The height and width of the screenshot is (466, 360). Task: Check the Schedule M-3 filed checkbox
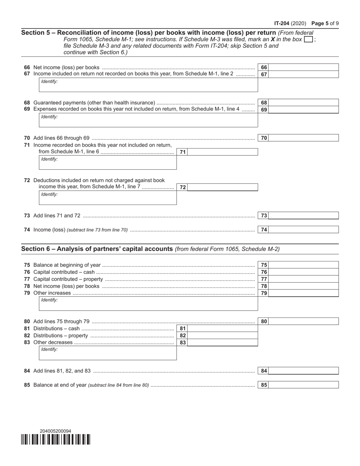pyautogui.click(x=309, y=39)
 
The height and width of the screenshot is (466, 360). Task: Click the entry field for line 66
pyautogui.click(x=303, y=67)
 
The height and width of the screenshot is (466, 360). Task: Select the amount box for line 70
pyautogui.click(x=303, y=138)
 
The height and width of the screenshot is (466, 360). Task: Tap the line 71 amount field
pyautogui.click(x=222, y=152)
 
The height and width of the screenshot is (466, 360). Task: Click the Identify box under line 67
pyautogui.click(x=149, y=85)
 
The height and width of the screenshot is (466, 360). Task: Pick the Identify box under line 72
pyautogui.click(x=108, y=198)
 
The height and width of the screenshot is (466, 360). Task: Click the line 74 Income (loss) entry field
pyautogui.click(x=303, y=230)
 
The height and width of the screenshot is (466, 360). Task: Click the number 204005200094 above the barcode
pyautogui.click(x=55, y=431)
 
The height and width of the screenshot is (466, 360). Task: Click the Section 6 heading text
pyautogui.click(x=97, y=249)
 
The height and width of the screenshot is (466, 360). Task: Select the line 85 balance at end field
pyautogui.click(x=303, y=385)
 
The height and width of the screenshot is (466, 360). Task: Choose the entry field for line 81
pyautogui.click(x=222, y=328)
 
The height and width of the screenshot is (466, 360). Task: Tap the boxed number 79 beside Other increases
pyautogui.click(x=264, y=293)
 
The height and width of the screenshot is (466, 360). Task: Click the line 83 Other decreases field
pyautogui.click(x=222, y=342)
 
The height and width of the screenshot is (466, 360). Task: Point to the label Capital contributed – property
pyautogui.click(x=68, y=279)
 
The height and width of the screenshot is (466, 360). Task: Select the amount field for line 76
pyautogui.click(x=303, y=272)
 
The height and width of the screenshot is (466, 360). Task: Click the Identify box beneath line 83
pyautogui.click(x=108, y=353)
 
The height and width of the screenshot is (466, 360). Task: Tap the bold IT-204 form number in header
pyautogui.click(x=282, y=23)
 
